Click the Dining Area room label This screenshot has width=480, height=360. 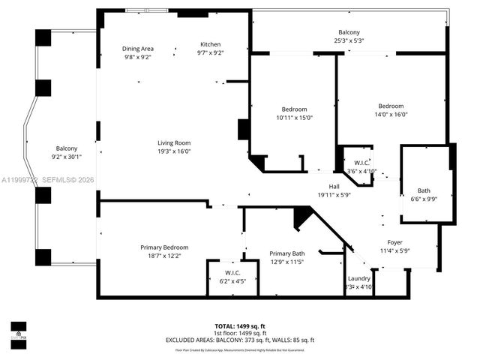138,49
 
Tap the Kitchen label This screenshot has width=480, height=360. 211,44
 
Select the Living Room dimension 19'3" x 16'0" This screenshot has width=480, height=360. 173,151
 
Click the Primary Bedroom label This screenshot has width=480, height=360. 164,247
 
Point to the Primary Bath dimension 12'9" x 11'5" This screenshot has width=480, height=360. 287,262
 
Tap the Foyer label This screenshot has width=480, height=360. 394,242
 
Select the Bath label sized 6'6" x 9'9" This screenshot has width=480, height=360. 424,191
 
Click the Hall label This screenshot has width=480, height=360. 334,187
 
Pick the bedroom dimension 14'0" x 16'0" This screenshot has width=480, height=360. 391,115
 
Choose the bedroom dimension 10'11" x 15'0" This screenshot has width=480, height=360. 294,118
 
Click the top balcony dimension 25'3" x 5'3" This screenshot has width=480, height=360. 349,41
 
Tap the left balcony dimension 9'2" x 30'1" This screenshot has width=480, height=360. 67,157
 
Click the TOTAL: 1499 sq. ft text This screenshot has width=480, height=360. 239,327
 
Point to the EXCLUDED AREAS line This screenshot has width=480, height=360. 240,340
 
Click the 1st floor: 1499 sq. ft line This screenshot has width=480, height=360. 239,334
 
